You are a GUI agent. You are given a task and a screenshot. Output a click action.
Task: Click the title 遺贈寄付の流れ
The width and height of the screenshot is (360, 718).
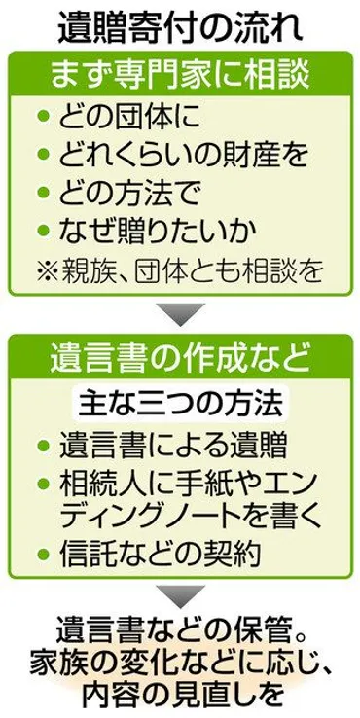(x=180, y=25)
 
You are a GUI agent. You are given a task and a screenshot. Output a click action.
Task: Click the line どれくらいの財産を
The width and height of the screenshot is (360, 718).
(x=172, y=154)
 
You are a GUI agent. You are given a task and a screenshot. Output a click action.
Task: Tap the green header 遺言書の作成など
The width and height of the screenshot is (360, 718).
(x=180, y=359)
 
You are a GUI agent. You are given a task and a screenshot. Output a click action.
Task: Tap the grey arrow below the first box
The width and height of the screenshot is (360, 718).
(x=180, y=314)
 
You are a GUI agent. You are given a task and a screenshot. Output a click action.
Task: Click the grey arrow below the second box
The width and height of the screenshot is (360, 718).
(x=180, y=594)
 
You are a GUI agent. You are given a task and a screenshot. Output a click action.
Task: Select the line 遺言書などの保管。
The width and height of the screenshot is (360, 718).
(x=180, y=628)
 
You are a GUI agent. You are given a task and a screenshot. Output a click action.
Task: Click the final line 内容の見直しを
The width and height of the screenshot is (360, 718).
(x=180, y=697)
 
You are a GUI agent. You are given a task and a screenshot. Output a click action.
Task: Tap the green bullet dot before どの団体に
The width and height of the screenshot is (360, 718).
(x=42, y=119)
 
